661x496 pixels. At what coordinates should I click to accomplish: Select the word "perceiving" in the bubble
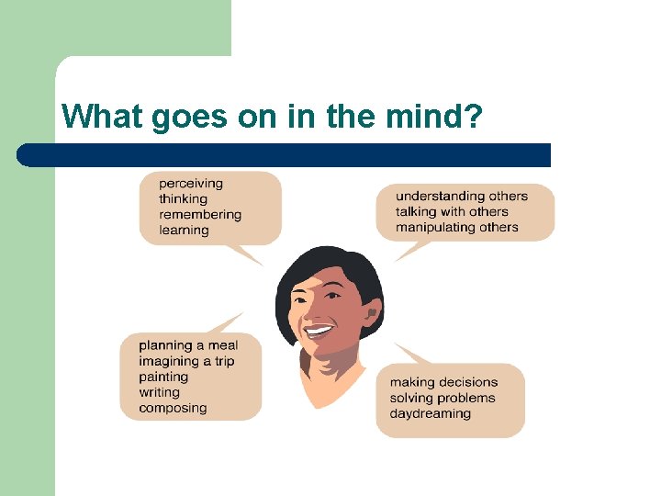(191, 184)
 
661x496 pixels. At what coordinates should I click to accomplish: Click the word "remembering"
(200, 215)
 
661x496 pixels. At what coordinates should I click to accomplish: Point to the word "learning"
(184, 231)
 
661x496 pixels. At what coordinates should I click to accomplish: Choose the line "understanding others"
(462, 196)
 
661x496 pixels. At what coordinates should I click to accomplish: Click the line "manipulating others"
(457, 227)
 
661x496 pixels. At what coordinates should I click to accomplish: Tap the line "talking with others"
(452, 211)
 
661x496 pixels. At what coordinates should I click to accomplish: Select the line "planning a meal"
(188, 345)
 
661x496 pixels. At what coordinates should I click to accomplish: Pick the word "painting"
(163, 377)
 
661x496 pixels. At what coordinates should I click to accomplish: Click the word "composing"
(173, 408)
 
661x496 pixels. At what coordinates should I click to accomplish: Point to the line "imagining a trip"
(186, 361)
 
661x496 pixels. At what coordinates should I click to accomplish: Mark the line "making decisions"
(443, 382)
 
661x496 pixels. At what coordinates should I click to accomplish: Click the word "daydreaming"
(430, 413)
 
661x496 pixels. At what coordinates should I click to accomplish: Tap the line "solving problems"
(443, 398)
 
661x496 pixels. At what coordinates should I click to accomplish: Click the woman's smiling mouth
(319, 329)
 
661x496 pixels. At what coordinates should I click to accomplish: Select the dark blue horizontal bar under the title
(285, 155)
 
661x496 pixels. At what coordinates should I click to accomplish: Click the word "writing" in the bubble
(160, 392)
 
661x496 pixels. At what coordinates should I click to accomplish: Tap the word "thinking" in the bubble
(184, 199)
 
